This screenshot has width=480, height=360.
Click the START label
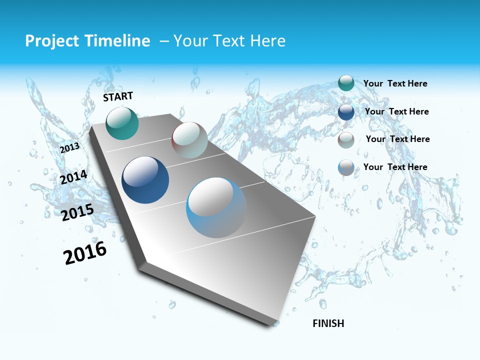point(118,96)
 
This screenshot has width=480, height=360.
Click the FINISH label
point(328,323)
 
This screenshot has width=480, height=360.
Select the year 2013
point(69,148)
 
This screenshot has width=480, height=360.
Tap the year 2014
point(73,177)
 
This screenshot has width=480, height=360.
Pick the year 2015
point(77,212)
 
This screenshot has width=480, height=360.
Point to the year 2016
point(85,252)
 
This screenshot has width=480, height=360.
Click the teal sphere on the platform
point(122,123)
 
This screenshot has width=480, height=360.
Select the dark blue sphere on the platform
point(145,180)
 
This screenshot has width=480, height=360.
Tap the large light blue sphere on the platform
point(216,207)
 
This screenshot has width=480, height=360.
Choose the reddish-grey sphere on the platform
point(189,140)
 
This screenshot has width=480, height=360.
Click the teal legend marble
point(346,83)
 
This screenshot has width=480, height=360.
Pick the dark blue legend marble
point(346,112)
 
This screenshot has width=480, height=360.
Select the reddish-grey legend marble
point(346,140)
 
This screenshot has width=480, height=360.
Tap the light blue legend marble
point(346,167)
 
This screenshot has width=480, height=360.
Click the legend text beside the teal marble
point(395,83)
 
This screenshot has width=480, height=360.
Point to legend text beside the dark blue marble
point(396,111)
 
